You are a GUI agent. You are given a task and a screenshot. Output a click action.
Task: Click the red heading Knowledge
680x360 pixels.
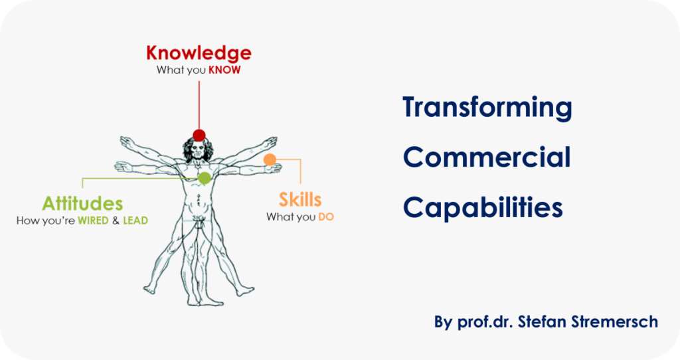tap(199, 54)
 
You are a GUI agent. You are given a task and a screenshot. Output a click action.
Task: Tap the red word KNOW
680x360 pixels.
tap(224, 70)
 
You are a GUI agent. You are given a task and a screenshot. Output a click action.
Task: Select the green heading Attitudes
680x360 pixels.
tap(82, 203)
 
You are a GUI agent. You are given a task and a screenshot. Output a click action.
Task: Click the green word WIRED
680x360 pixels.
tap(93, 221)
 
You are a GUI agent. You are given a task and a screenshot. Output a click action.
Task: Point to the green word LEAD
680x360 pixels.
tap(135, 221)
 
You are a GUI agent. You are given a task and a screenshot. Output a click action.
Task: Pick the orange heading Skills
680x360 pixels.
tap(300, 199)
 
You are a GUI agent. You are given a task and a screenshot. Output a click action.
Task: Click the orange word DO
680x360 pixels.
tap(326, 217)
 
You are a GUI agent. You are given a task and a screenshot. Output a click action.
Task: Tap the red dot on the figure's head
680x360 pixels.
tap(199, 135)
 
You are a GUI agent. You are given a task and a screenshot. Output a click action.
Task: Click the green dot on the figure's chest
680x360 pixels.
tap(205, 178)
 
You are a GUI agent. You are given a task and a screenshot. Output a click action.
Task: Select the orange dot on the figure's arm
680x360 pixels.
tap(270, 159)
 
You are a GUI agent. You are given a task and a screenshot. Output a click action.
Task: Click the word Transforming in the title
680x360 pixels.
tap(487, 108)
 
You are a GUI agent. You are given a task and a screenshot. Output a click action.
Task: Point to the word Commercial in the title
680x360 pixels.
tap(487, 157)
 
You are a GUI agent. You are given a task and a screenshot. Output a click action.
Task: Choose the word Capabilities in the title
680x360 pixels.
tap(483, 207)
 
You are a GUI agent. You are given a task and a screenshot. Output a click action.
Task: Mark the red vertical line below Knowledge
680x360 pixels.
tap(199, 105)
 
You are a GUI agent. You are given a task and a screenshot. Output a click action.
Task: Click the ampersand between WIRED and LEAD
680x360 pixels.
tap(116, 221)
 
